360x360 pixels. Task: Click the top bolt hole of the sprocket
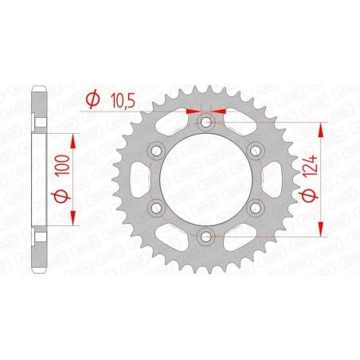[205, 123]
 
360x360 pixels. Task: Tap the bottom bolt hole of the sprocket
[205, 235]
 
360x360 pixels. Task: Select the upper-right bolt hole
[255, 151]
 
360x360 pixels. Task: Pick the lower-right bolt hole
[255, 207]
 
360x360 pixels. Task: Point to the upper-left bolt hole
[156, 151]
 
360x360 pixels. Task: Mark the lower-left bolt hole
[156, 207]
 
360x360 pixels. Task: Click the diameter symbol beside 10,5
[92, 100]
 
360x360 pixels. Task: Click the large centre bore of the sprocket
[205, 179]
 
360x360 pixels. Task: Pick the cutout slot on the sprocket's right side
[274, 179]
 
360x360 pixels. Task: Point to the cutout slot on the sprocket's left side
[137, 179]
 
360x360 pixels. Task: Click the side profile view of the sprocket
[39, 179]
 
